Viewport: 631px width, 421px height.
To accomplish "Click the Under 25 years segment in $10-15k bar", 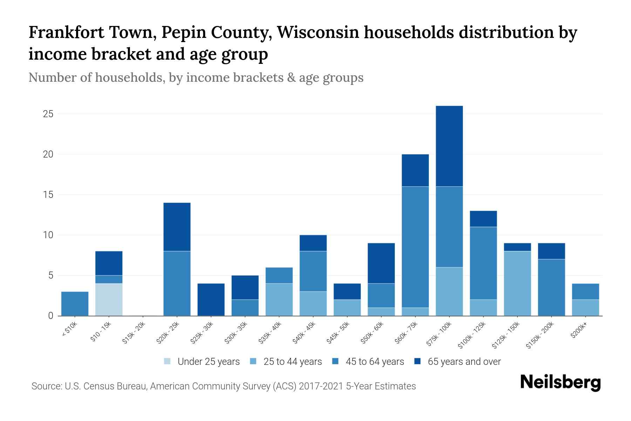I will coord(109,299).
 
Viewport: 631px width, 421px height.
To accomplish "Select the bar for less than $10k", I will coord(75,303).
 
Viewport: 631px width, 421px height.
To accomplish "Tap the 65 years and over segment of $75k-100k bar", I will coord(449,146).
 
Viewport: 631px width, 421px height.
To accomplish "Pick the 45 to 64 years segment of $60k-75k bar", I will coord(415,247).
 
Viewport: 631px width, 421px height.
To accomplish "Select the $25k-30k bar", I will coord(211,299).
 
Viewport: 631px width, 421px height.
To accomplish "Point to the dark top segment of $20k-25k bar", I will coord(177,227).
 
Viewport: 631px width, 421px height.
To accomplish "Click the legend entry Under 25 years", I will coord(208,362).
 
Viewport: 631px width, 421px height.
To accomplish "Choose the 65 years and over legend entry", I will coord(464,362).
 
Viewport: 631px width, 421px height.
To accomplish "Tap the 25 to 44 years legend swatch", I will coord(253,362).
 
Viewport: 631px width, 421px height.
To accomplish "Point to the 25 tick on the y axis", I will coord(48,114).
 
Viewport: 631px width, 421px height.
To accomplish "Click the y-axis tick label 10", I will coord(48,235).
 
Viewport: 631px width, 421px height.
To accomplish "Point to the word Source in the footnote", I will coord(46,386).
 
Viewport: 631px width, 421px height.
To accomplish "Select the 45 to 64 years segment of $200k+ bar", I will coord(585,291).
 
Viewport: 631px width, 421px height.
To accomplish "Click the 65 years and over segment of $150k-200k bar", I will coord(551,251).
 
